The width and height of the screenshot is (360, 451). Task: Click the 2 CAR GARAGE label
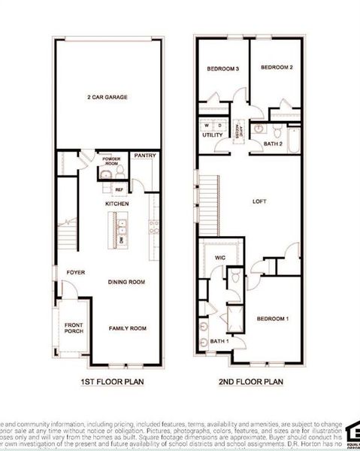click(x=107, y=97)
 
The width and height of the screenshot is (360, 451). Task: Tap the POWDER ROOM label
click(x=112, y=161)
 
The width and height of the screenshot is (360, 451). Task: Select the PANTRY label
click(x=144, y=156)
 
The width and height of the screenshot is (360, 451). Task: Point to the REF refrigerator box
click(x=119, y=189)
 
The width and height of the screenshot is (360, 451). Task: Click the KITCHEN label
click(x=116, y=204)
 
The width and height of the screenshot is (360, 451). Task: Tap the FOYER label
click(x=75, y=272)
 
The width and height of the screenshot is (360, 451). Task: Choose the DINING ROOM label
click(x=126, y=282)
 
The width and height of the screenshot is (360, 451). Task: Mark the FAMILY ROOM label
click(x=127, y=328)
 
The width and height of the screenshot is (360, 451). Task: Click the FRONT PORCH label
click(x=74, y=328)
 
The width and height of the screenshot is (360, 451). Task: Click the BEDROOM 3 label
click(x=222, y=68)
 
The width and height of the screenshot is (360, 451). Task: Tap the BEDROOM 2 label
click(x=276, y=68)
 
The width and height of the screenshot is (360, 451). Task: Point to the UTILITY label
click(x=212, y=135)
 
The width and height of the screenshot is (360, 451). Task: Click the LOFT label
click(x=259, y=201)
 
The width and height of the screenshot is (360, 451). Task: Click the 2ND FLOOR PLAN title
click(x=252, y=381)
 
